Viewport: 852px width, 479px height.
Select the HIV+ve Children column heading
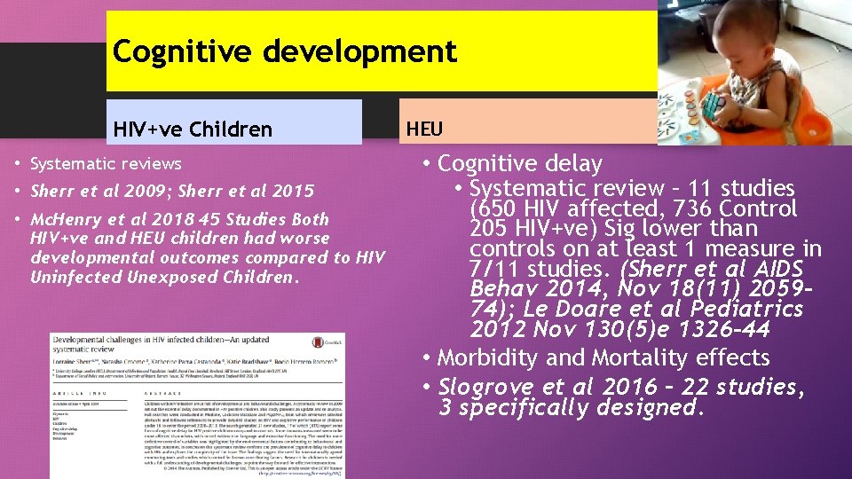[x=193, y=130]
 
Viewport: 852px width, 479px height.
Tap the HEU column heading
[x=424, y=130]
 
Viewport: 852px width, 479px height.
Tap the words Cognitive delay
[x=520, y=164]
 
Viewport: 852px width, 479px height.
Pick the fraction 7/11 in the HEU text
[x=495, y=269]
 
